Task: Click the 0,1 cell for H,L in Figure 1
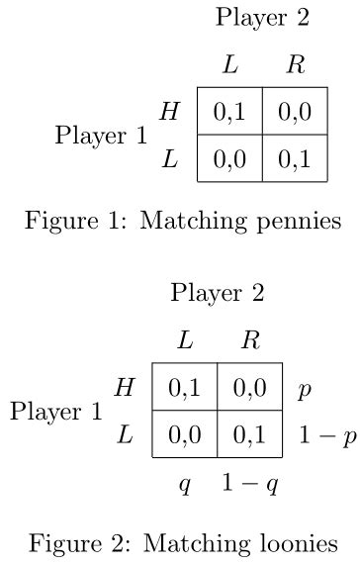pos(229,113)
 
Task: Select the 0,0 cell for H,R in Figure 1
pos(295,113)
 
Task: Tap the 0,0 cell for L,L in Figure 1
pos(229,159)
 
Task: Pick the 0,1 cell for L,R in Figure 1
pos(295,159)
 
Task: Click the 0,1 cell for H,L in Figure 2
pos(184,389)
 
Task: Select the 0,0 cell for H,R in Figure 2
pos(249,389)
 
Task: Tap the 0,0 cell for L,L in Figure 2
pos(184,434)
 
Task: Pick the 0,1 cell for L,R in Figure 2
pos(249,434)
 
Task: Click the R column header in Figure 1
pos(295,66)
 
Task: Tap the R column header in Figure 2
pos(250,341)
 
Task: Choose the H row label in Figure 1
pos(170,112)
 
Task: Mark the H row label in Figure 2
pos(125,388)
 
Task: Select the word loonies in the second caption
pos(297,543)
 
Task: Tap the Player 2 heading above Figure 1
pos(263,17)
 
